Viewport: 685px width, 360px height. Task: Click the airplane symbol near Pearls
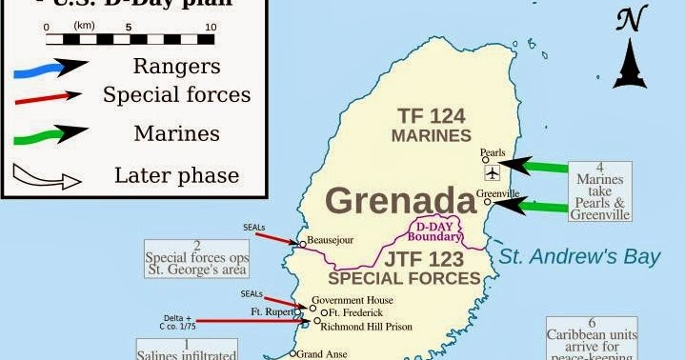492,173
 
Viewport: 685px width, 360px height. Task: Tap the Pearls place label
493,151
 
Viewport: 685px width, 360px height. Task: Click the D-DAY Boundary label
435,231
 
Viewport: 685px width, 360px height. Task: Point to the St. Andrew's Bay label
580,255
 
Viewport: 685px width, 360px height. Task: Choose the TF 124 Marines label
432,126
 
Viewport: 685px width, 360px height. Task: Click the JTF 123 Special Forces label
404,269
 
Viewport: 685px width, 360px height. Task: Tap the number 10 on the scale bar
210,30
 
